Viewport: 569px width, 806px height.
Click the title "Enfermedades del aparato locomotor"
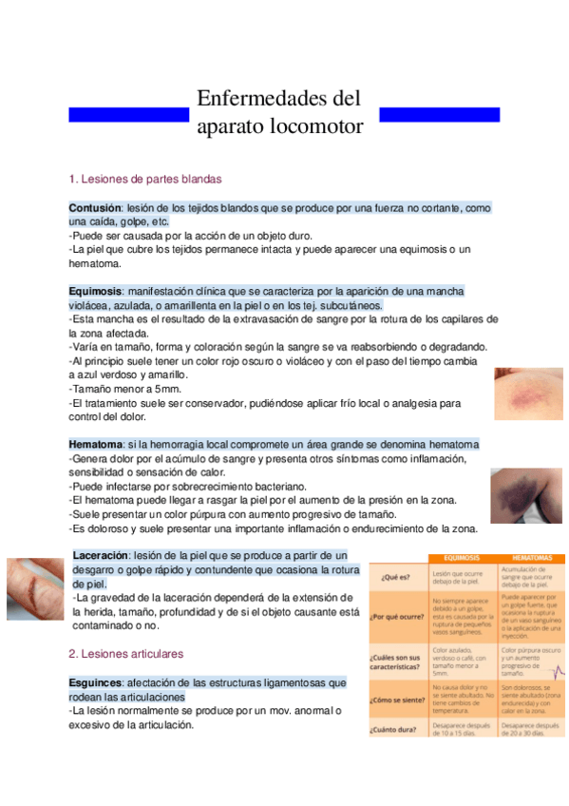(x=279, y=112)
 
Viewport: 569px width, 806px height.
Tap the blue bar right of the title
(x=439, y=114)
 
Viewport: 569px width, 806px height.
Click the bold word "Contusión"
(x=95, y=207)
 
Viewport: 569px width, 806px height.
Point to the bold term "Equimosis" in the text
(x=95, y=290)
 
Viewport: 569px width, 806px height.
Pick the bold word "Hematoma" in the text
(x=95, y=444)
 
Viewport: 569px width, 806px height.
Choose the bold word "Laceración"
(x=100, y=554)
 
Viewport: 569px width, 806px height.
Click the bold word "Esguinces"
(x=95, y=682)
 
